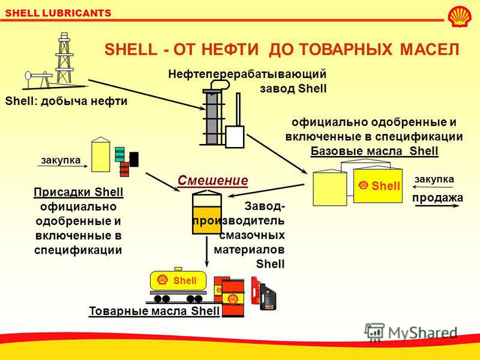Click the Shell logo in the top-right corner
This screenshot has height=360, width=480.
(460, 17)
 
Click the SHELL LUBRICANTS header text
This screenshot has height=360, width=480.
(58, 13)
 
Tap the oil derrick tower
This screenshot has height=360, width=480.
(64, 58)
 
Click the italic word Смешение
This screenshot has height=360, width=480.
(213, 181)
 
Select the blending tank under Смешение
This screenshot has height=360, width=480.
(207, 212)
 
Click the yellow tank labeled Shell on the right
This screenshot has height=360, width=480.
(378, 186)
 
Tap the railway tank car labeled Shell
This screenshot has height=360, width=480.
(178, 284)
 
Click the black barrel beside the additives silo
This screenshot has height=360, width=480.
(134, 159)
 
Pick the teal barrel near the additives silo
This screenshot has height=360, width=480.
(119, 155)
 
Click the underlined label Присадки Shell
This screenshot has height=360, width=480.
(79, 192)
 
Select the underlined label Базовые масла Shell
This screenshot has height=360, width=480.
(374, 151)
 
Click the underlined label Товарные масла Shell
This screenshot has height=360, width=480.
(154, 311)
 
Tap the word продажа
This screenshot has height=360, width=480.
(438, 198)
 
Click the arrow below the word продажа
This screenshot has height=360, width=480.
(437, 206)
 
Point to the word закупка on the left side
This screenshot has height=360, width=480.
(61, 160)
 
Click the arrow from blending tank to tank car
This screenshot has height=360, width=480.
(207, 251)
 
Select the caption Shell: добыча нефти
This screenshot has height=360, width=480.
(66, 101)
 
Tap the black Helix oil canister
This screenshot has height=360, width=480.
(268, 297)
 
